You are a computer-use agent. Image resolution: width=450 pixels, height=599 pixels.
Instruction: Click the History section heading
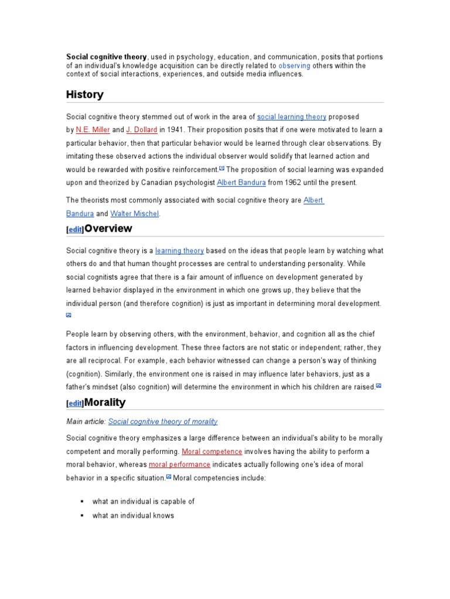[85, 95]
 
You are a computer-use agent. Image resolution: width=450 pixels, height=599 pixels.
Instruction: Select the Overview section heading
[108, 229]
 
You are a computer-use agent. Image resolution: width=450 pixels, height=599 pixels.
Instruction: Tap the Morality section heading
[105, 402]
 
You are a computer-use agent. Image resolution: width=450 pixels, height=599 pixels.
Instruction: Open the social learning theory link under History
[292, 117]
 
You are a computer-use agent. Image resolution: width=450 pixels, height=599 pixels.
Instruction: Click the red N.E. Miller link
[93, 130]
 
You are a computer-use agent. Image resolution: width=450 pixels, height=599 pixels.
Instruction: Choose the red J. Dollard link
[141, 130]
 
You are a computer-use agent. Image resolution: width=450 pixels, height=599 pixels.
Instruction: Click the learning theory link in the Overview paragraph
[179, 251]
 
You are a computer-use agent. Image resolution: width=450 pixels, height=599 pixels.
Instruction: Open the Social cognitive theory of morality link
[163, 422]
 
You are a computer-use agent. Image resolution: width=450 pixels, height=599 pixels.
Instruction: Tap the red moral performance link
[179, 464]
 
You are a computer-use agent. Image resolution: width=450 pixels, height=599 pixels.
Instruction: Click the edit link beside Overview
[75, 230]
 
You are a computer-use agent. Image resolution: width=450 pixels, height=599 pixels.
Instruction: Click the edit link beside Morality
[75, 404]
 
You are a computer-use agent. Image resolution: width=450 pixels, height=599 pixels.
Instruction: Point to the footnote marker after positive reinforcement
[221, 168]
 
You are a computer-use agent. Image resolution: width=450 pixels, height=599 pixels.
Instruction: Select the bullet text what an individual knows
[133, 516]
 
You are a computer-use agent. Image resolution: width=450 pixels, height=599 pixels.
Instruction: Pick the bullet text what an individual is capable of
[143, 502]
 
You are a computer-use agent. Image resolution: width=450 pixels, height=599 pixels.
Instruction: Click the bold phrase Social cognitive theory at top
[106, 57]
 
